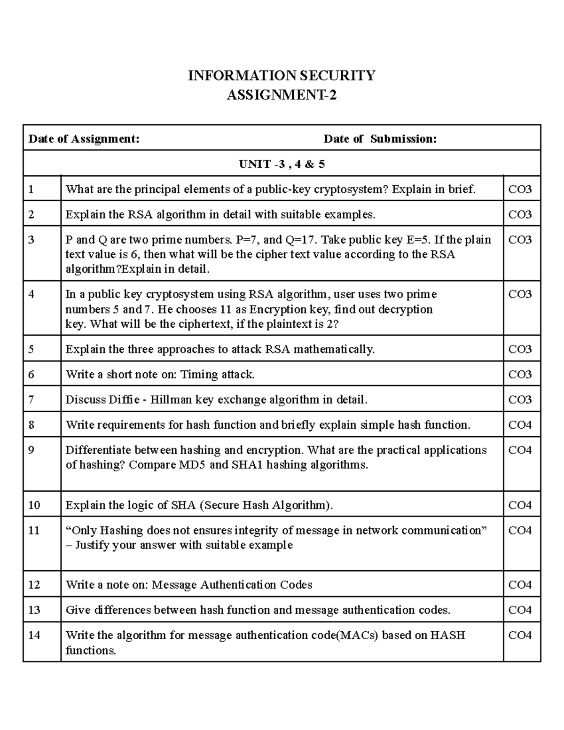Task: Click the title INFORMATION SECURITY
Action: pyautogui.click(x=282, y=76)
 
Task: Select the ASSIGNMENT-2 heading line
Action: pyautogui.click(x=282, y=95)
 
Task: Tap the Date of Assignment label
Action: pyautogui.click(x=84, y=139)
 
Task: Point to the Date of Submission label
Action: pyautogui.click(x=380, y=139)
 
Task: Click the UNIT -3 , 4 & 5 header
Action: pyautogui.click(x=282, y=164)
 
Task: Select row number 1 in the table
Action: pyautogui.click(x=31, y=189)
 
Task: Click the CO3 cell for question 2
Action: pyautogui.click(x=520, y=215)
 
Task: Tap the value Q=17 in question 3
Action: pyautogui.click(x=301, y=240)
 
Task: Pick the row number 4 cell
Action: pyautogui.click(x=31, y=295)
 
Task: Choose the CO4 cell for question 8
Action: pyautogui.click(x=520, y=425)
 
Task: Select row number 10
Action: pyautogui.click(x=34, y=505)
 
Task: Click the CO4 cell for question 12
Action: pyautogui.click(x=520, y=585)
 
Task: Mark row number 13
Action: pyautogui.click(x=34, y=610)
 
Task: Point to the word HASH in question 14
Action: pyautogui.click(x=447, y=636)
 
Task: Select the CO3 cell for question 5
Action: pyautogui.click(x=520, y=349)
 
